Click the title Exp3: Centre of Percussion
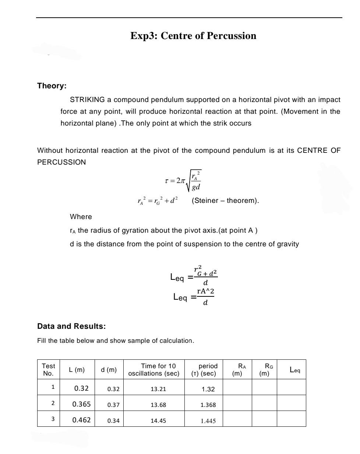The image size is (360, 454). point(193,36)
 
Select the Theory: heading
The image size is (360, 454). point(52,86)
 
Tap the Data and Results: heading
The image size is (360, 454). point(71,326)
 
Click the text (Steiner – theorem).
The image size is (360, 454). point(225,201)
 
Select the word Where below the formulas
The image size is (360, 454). point(81,217)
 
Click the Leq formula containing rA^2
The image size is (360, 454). point(194,296)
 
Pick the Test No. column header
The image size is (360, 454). point(48,369)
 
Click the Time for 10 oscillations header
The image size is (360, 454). point(153,369)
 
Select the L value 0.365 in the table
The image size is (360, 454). point(81,404)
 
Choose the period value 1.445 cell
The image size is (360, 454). point(208,420)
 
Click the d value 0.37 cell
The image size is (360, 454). point(113,405)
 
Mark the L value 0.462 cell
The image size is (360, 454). point(81,420)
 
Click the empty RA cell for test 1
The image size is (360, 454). point(237,388)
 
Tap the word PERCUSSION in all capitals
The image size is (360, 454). point(61,162)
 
